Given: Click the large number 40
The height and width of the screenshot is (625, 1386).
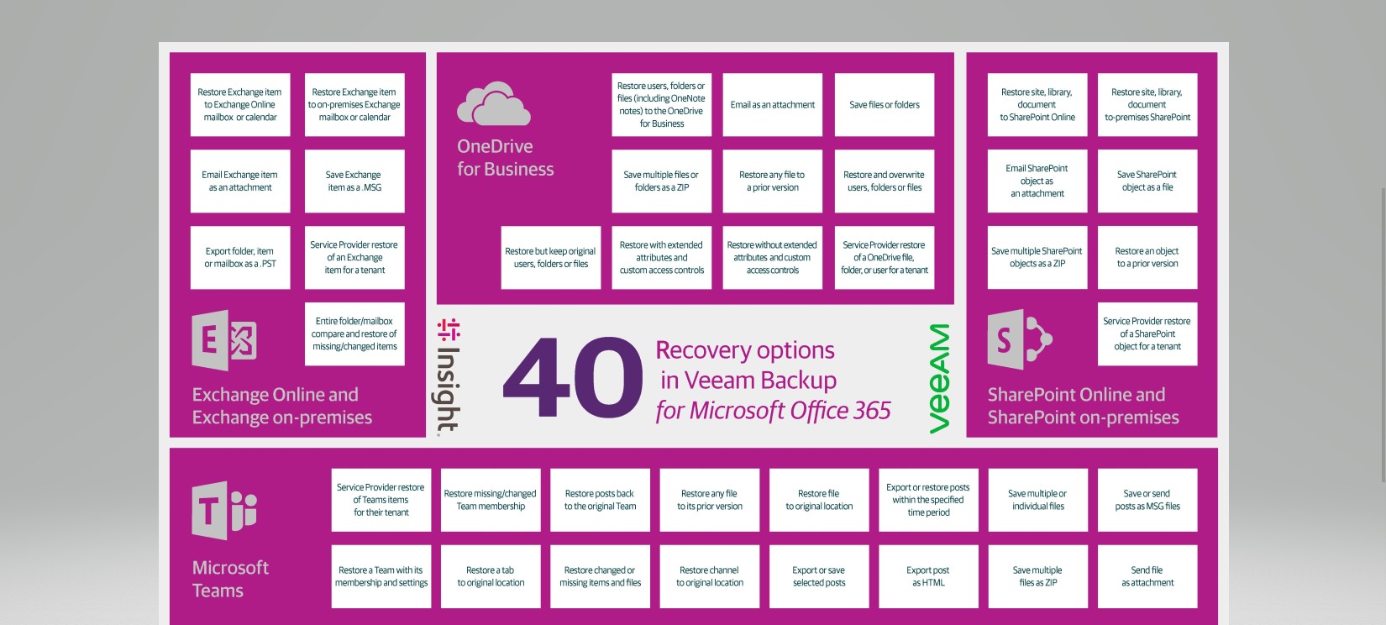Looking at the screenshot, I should pyautogui.click(x=573, y=378).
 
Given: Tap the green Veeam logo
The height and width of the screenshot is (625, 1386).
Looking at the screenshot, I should pyautogui.click(x=940, y=378).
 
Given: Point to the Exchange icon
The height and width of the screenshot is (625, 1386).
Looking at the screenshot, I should pyautogui.click(x=224, y=340).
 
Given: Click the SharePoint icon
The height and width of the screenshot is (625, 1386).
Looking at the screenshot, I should pyautogui.click(x=1019, y=339).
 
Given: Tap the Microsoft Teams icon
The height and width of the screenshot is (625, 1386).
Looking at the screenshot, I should pyautogui.click(x=223, y=510).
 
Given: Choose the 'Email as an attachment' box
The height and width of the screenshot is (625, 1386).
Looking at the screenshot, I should pyautogui.click(x=773, y=105).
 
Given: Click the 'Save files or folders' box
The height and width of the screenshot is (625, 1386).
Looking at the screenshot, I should pyautogui.click(x=885, y=105).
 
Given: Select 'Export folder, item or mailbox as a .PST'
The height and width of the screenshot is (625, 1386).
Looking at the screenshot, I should pyautogui.click(x=240, y=257).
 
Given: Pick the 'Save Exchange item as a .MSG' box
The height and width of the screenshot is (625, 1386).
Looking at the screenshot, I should pyautogui.click(x=354, y=181).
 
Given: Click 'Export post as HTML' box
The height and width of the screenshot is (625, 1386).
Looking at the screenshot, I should pyautogui.click(x=928, y=576).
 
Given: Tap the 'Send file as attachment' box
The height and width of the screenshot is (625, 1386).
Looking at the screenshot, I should pyautogui.click(x=1147, y=576).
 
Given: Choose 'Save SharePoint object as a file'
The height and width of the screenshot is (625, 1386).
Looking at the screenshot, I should pyautogui.click(x=1147, y=181).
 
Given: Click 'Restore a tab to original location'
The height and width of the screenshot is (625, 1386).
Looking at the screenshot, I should pyautogui.click(x=491, y=576).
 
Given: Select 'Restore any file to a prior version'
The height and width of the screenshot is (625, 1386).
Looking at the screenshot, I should pyautogui.click(x=773, y=181).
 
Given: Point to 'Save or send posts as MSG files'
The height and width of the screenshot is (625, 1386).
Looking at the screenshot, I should pyautogui.click(x=1147, y=500).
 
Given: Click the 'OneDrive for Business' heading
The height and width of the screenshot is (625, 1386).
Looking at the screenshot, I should pyautogui.click(x=505, y=158).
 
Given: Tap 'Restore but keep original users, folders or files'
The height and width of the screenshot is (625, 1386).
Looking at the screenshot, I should pyautogui.click(x=551, y=257).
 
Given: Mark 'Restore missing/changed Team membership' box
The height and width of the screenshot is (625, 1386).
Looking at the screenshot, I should pyautogui.click(x=491, y=500).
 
